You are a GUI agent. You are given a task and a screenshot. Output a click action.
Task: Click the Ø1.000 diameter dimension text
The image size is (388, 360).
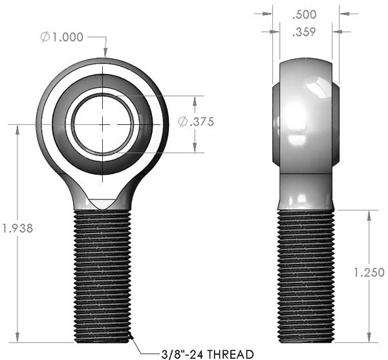coord(61,37)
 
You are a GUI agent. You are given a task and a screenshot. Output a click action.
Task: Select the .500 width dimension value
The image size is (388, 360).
coord(304,15)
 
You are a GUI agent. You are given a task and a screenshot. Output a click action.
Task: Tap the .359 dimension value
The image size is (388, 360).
coord(304,32)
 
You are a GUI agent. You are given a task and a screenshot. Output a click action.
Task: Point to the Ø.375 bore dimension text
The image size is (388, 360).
coord(196,122)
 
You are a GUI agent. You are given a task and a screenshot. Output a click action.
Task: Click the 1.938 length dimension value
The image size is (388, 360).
coord(17,228)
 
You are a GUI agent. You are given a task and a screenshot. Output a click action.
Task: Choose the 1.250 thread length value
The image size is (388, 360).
coord(369,273)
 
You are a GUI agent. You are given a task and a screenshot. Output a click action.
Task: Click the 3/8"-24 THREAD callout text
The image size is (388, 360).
coord(208,354)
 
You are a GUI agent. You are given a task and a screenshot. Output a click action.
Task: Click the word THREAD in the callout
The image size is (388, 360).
coord(230,354)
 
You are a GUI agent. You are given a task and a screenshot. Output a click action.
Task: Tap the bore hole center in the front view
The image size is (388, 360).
coord(103,124)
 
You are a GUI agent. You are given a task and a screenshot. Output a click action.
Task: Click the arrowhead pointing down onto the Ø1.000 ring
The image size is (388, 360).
coord(105,52)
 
